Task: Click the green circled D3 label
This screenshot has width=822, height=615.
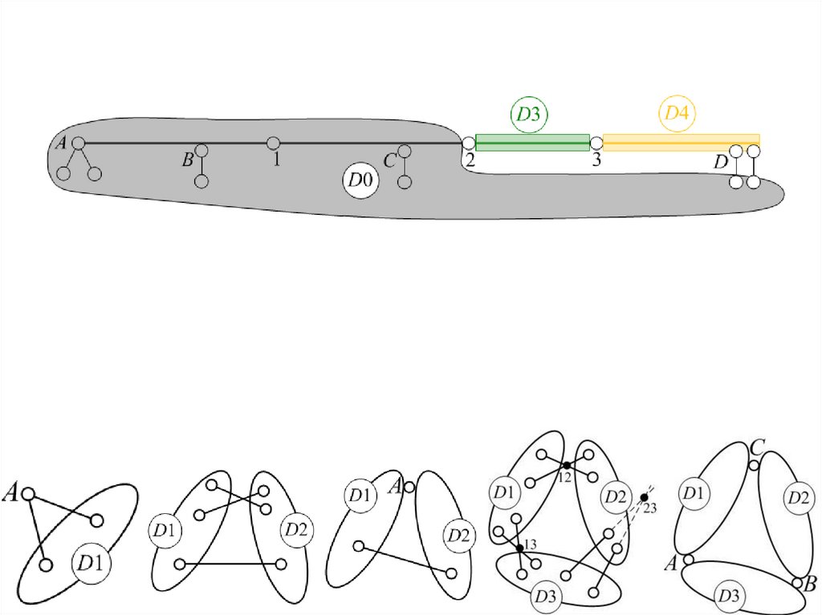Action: click(528, 114)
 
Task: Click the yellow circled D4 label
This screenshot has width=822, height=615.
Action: click(677, 113)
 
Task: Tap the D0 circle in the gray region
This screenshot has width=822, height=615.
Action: click(360, 180)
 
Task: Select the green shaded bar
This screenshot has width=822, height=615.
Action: click(533, 143)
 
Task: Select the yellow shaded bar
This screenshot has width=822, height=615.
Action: click(682, 143)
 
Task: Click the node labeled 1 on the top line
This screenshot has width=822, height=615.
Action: click(273, 143)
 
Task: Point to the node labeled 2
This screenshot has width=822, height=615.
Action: click(468, 143)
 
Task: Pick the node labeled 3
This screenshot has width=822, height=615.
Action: click(596, 143)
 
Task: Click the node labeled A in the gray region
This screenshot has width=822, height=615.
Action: click(78, 143)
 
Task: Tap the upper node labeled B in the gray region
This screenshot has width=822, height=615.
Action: click(201, 151)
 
